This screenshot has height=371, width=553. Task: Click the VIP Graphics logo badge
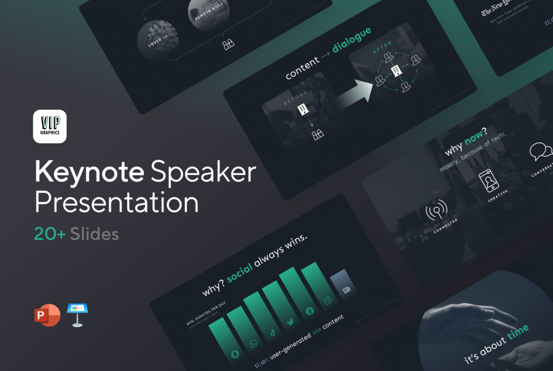(x=50, y=127)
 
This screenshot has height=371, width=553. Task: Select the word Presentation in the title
(x=116, y=203)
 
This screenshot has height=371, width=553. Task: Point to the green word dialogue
(x=351, y=39)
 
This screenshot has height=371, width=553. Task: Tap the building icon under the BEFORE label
(x=303, y=109)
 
